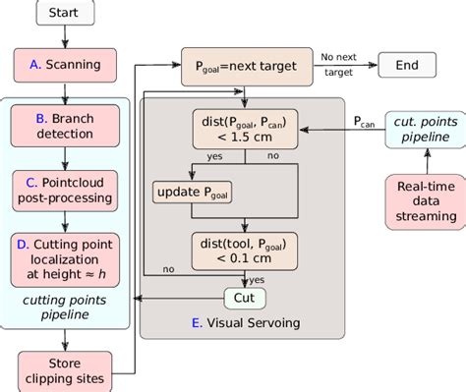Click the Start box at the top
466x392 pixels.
pos(66,15)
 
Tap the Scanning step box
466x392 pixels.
pos(66,65)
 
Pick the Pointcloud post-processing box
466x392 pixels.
pos(66,190)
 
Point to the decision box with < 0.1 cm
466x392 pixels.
pos(243,251)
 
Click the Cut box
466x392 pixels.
pos(243,296)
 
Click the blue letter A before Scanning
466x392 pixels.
pos(33,65)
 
